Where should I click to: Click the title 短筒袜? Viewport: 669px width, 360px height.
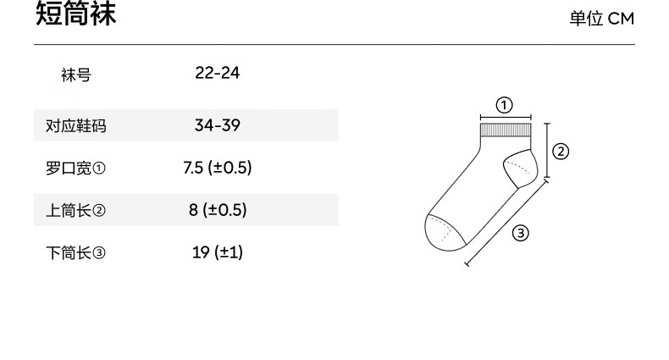click(x=75, y=14)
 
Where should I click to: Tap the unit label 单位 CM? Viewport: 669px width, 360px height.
click(x=602, y=19)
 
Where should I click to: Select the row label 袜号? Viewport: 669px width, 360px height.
click(x=76, y=75)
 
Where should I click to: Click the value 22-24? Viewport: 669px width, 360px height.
click(x=217, y=73)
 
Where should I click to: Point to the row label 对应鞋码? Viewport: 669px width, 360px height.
click(x=76, y=126)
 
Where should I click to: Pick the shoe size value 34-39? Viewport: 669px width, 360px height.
click(x=217, y=125)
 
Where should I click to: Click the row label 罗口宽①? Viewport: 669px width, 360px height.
click(x=75, y=168)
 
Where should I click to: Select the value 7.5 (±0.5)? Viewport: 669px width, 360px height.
click(x=217, y=168)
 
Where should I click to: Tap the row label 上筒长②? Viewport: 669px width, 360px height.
click(x=75, y=210)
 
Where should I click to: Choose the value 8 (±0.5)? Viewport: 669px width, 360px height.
click(x=218, y=210)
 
